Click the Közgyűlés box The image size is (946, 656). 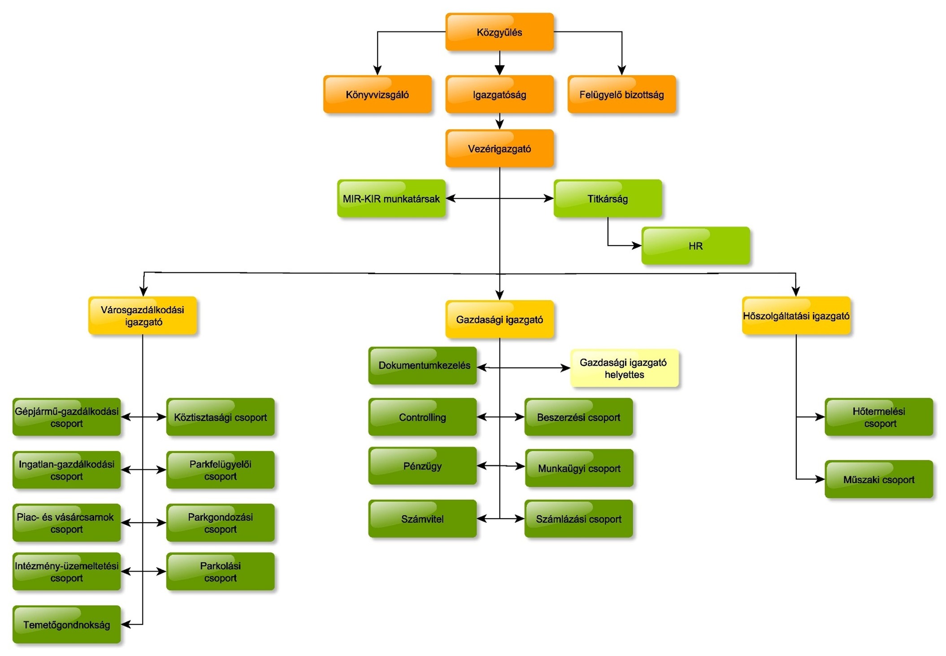(499, 32)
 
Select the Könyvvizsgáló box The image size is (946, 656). (377, 94)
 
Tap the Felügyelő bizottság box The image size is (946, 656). (621, 94)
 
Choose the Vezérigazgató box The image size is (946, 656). (499, 149)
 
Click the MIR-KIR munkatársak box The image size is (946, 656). (391, 198)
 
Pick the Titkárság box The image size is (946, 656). (608, 198)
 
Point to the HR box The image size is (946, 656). (695, 245)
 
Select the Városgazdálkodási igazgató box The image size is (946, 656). (143, 315)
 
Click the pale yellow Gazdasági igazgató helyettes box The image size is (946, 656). (624, 368)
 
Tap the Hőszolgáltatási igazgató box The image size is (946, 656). (796, 315)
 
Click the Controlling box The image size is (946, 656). (422, 417)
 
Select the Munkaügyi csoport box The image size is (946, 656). (579, 468)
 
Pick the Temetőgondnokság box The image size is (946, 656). (66, 624)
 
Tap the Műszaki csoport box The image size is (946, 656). (878, 479)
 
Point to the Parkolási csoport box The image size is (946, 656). (220, 571)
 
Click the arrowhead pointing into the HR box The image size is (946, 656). (637, 245)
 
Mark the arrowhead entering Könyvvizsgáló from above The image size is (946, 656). (377, 71)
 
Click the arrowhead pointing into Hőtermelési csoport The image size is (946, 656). (820, 417)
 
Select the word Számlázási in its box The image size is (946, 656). (559, 519)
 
